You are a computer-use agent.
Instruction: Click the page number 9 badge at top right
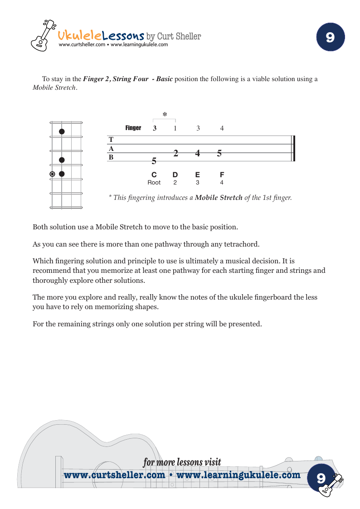330,37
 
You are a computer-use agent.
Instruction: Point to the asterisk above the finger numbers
165,115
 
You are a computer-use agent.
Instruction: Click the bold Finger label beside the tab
133,128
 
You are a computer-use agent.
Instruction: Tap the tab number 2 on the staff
175,153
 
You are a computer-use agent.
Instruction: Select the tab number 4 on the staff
198,153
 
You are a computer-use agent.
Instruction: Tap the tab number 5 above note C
154,161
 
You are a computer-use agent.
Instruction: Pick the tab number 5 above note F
219,153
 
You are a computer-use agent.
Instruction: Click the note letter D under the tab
175,175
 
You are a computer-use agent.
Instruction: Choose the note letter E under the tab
197,175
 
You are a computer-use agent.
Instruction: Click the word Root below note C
154,183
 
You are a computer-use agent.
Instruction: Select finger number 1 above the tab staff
175,128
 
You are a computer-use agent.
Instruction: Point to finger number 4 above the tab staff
222,128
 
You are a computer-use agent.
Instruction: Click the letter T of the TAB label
111,140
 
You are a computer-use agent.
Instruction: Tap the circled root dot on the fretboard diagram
53,174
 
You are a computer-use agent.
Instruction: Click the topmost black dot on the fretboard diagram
62,131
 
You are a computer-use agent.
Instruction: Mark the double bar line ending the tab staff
293,148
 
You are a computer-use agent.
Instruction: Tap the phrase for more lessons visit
182,462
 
